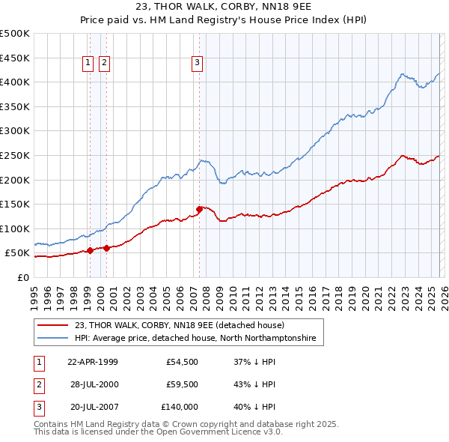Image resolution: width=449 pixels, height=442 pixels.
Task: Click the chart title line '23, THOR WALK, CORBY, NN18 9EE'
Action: [224, 8]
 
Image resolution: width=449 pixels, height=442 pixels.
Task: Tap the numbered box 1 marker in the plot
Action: [88, 64]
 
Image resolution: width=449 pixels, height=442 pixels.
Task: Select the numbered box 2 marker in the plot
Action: [104, 64]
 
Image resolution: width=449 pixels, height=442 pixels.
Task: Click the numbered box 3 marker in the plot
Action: [197, 64]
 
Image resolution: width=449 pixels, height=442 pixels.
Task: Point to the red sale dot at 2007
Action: [199, 209]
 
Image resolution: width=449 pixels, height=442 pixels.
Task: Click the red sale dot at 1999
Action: [90, 251]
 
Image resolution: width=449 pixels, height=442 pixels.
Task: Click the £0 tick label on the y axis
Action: [22, 277]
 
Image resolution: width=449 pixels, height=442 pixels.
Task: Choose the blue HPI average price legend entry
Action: [195, 339]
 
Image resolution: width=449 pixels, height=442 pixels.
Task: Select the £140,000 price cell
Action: [180, 407]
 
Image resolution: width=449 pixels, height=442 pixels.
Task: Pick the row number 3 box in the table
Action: [37, 407]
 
